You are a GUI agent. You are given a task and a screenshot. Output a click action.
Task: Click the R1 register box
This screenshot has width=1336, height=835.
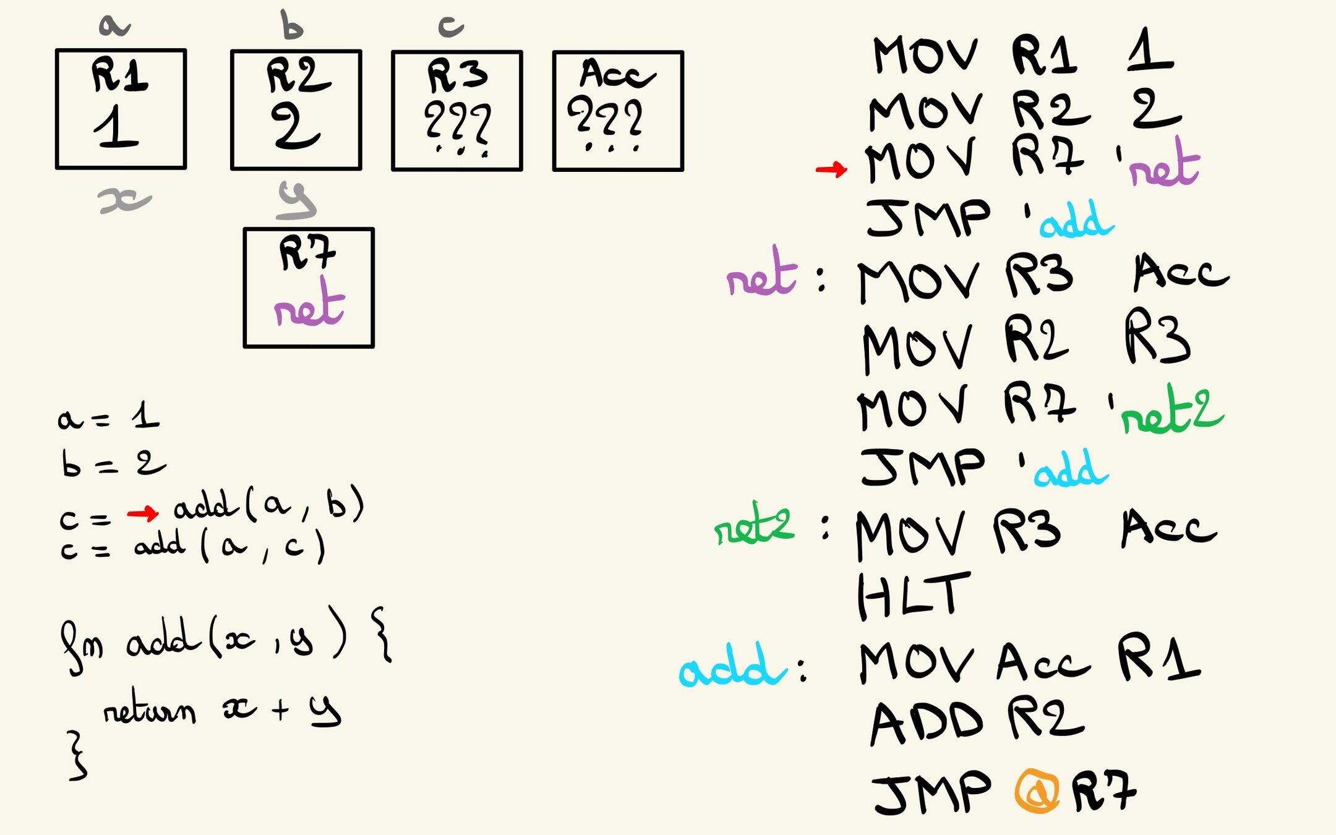pyautogui.click(x=121, y=109)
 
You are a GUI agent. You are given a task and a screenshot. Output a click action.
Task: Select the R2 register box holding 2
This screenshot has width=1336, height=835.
pyautogui.click(x=296, y=110)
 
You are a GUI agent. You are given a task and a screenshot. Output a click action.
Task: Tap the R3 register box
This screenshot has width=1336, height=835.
pyautogui.click(x=457, y=111)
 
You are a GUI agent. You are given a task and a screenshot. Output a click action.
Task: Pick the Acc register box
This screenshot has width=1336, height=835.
pyautogui.click(x=618, y=111)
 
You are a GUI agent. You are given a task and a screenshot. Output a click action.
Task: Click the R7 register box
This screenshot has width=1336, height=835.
pyautogui.click(x=309, y=288)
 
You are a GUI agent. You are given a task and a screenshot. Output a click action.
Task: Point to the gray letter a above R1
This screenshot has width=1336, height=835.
pyautogui.click(x=114, y=25)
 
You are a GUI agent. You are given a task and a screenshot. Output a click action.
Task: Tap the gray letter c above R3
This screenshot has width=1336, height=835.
pyautogui.click(x=451, y=26)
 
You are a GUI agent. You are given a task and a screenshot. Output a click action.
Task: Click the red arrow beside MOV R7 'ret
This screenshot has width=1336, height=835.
pyautogui.click(x=831, y=169)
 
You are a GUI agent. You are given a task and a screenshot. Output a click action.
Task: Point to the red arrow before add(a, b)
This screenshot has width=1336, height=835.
pyautogui.click(x=143, y=513)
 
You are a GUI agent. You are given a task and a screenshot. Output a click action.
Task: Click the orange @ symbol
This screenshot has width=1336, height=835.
pyautogui.click(x=1037, y=790)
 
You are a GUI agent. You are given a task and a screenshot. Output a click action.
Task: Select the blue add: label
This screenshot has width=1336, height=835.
pyautogui.click(x=733, y=666)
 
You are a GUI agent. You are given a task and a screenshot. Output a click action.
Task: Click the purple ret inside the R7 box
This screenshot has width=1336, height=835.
pyautogui.click(x=309, y=306)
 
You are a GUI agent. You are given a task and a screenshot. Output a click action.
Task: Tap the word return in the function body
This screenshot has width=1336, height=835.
pyautogui.click(x=149, y=712)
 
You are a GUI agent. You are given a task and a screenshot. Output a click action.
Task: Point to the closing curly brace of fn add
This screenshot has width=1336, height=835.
pyautogui.click(x=77, y=755)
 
